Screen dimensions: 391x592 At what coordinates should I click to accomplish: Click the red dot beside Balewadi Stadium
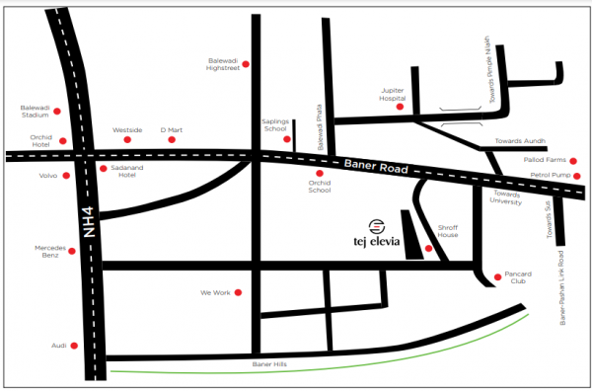tap(58, 112)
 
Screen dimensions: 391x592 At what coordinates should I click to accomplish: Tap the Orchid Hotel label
tap(35, 141)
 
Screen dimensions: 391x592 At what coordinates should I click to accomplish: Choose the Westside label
tap(127, 129)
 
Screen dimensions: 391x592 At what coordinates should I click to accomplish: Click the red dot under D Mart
tap(172, 140)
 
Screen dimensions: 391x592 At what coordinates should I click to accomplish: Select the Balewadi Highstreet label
tap(222, 62)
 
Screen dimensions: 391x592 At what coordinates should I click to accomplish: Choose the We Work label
tap(214, 293)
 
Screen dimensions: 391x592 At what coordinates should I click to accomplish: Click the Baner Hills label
tap(268, 365)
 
